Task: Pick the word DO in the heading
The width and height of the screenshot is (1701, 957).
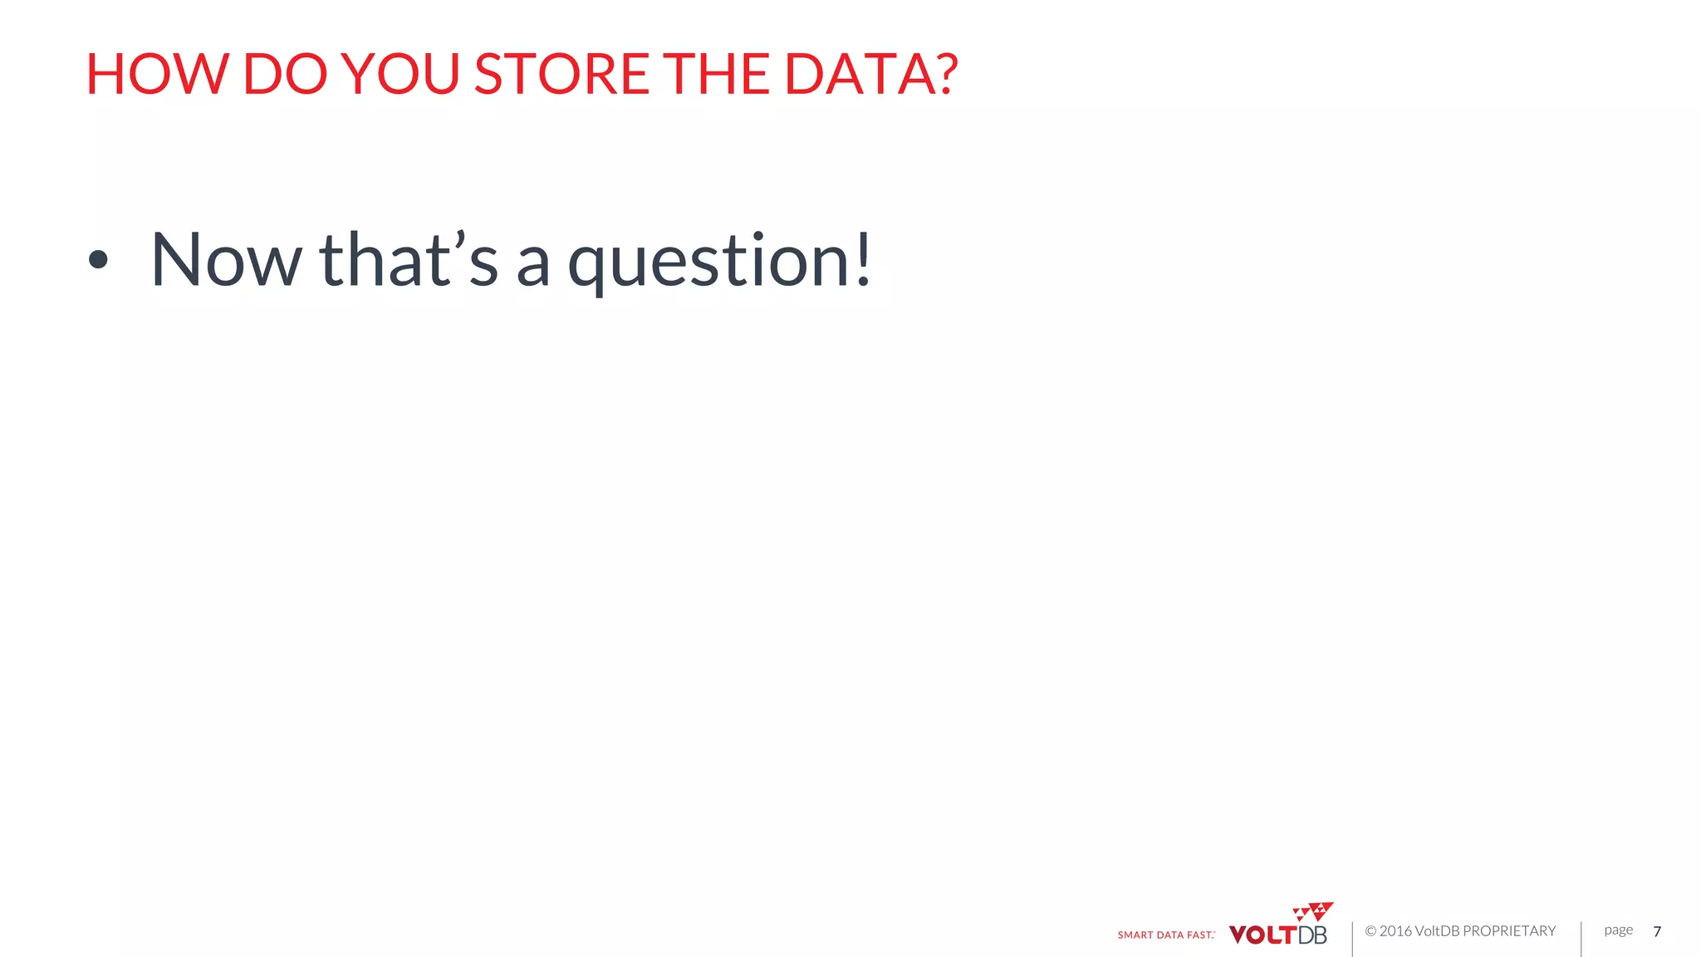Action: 285,74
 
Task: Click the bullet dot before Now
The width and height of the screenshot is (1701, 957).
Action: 98,260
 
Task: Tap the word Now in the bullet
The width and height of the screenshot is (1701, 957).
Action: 226,260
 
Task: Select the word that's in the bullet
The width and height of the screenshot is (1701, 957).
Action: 409,260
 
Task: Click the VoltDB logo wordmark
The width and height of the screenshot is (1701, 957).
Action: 1277,935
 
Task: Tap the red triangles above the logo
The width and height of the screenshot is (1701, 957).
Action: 1314,911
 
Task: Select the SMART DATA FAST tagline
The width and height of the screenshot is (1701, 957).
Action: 1166,935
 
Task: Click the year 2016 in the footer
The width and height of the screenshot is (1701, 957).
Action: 1395,931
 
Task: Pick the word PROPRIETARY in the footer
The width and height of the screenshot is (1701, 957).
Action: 1509,931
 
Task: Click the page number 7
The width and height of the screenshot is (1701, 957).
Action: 1657,931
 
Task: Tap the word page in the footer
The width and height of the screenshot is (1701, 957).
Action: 1618,930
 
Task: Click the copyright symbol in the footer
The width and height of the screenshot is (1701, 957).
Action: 1370,931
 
